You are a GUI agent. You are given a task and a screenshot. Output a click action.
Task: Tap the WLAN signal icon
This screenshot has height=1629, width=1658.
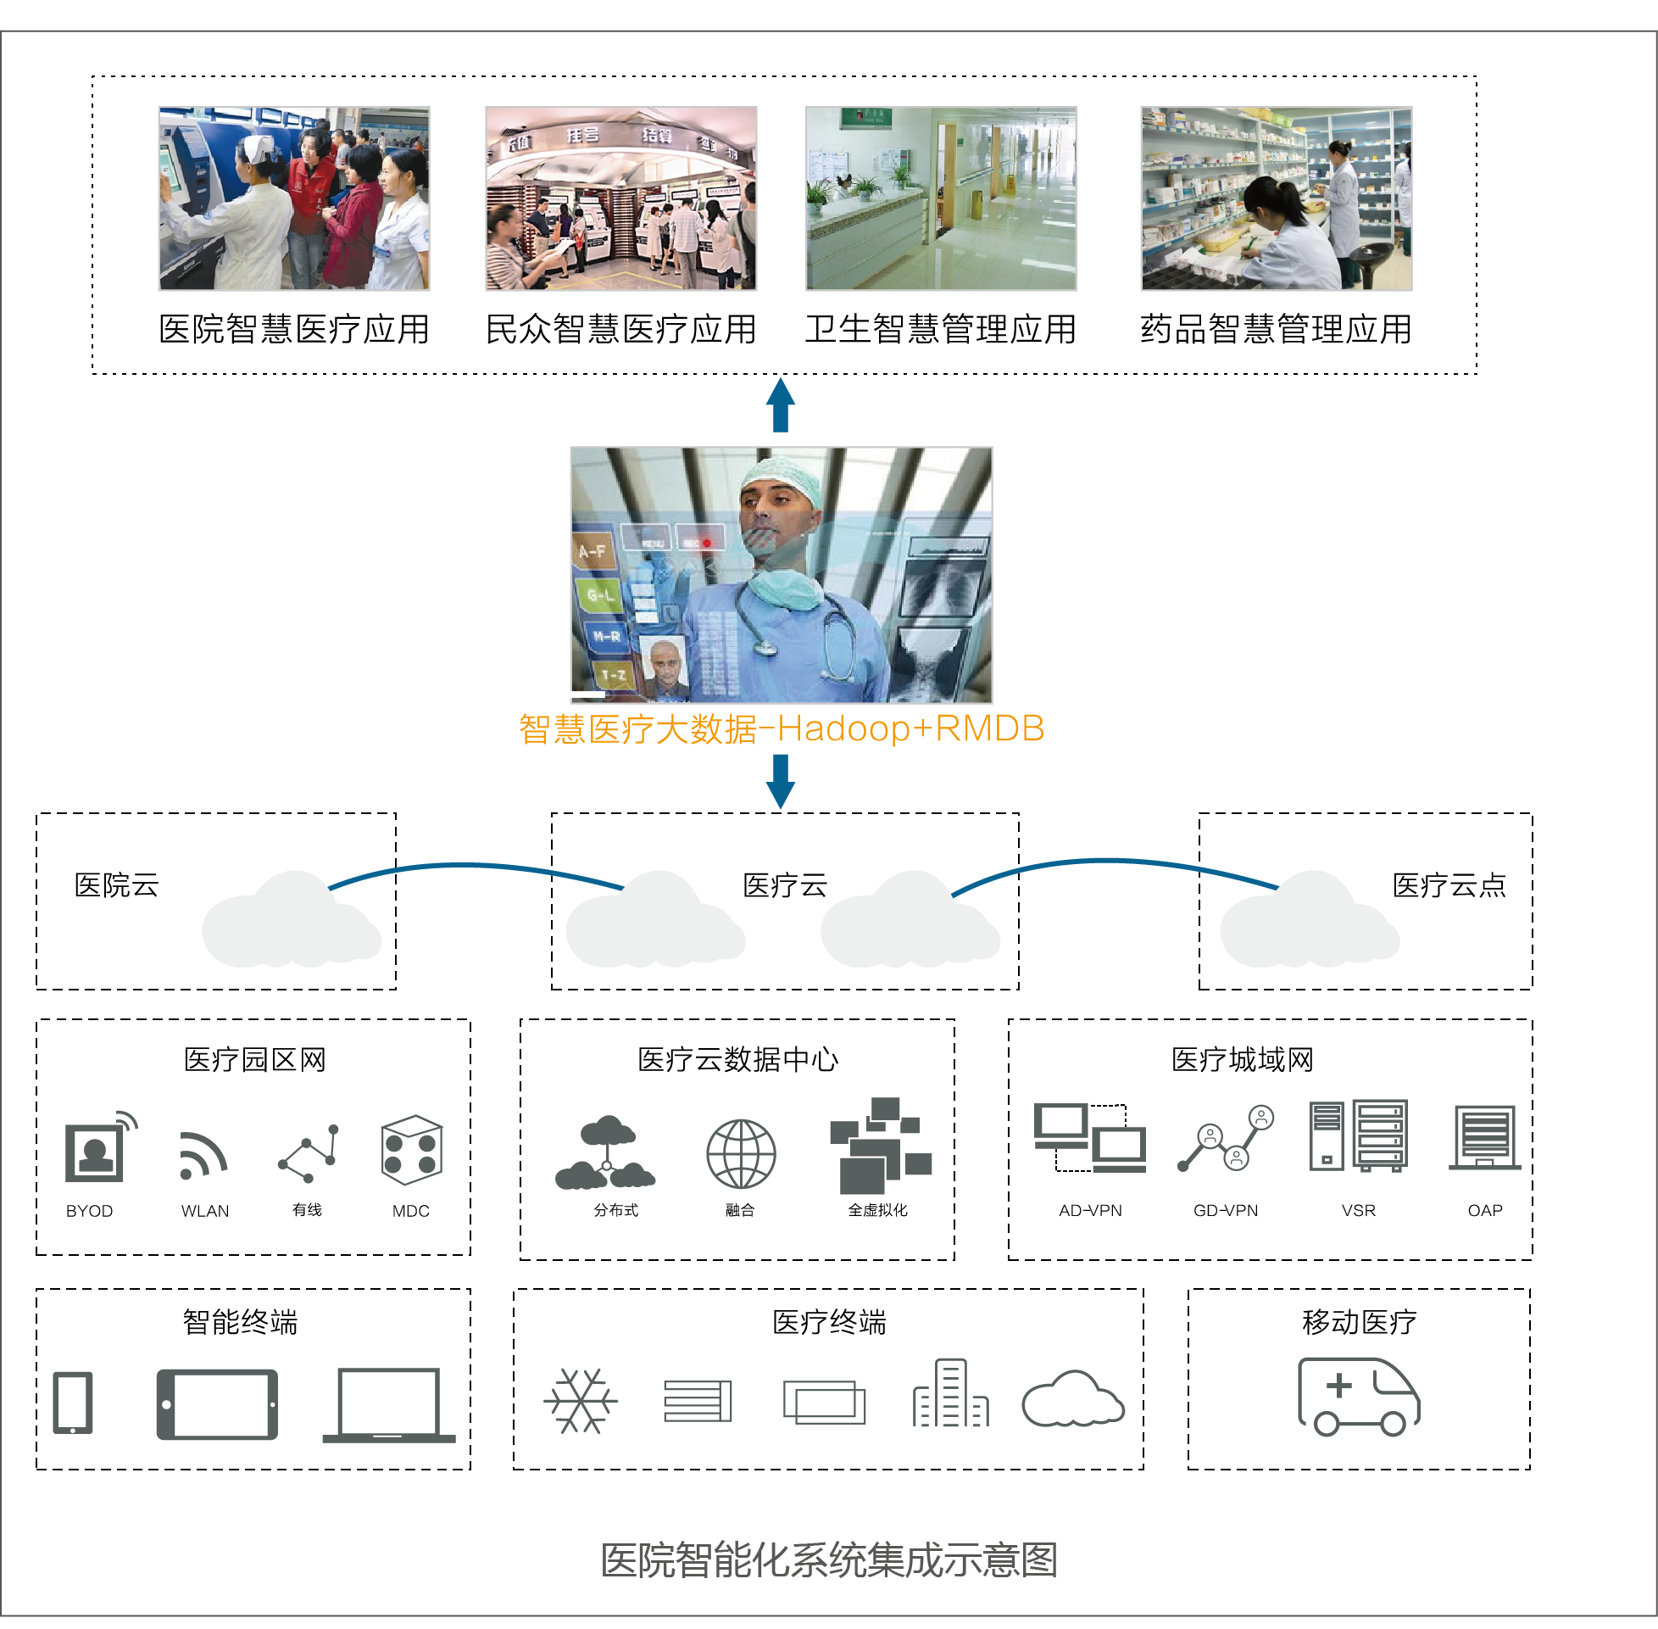coord(203,1156)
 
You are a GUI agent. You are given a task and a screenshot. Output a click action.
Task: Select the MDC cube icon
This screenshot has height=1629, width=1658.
coord(411,1150)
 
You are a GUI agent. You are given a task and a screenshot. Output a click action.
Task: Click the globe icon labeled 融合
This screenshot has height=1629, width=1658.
coord(741,1153)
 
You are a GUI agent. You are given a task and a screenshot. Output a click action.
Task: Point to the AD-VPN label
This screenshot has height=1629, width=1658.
coord(1089,1211)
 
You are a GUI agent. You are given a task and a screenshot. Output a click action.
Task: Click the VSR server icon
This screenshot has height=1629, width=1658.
coord(1358,1135)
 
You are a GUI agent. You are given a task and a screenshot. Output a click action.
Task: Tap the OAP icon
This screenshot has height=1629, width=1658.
coord(1484,1137)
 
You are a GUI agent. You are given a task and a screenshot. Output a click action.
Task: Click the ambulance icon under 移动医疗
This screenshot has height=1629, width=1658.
coord(1358,1396)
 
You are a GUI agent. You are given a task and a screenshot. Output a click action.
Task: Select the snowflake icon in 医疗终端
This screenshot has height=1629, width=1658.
coord(581,1401)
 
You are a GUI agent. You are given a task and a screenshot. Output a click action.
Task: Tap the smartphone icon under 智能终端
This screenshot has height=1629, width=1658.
coord(73,1403)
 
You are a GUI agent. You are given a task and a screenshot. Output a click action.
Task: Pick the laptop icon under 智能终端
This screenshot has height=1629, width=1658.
coord(389,1405)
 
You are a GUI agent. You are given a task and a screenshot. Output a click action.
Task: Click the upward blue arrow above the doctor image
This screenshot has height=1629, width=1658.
coord(780,404)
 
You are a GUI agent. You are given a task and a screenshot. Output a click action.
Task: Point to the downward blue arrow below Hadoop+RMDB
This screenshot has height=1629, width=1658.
coord(780,780)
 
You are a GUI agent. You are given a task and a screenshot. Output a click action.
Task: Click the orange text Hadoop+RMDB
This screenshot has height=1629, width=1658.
coord(910,729)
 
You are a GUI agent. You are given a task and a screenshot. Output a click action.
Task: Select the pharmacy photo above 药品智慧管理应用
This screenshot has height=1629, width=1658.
coord(1276,198)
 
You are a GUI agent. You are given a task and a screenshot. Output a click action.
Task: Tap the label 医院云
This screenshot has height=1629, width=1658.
coord(116,884)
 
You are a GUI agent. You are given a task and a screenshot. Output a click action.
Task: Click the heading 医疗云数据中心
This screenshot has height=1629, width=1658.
coord(737,1060)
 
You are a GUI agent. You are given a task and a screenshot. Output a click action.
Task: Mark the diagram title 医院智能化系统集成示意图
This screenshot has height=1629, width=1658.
coord(828,1559)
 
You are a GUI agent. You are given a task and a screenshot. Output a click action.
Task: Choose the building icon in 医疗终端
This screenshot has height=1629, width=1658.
coord(950,1394)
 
